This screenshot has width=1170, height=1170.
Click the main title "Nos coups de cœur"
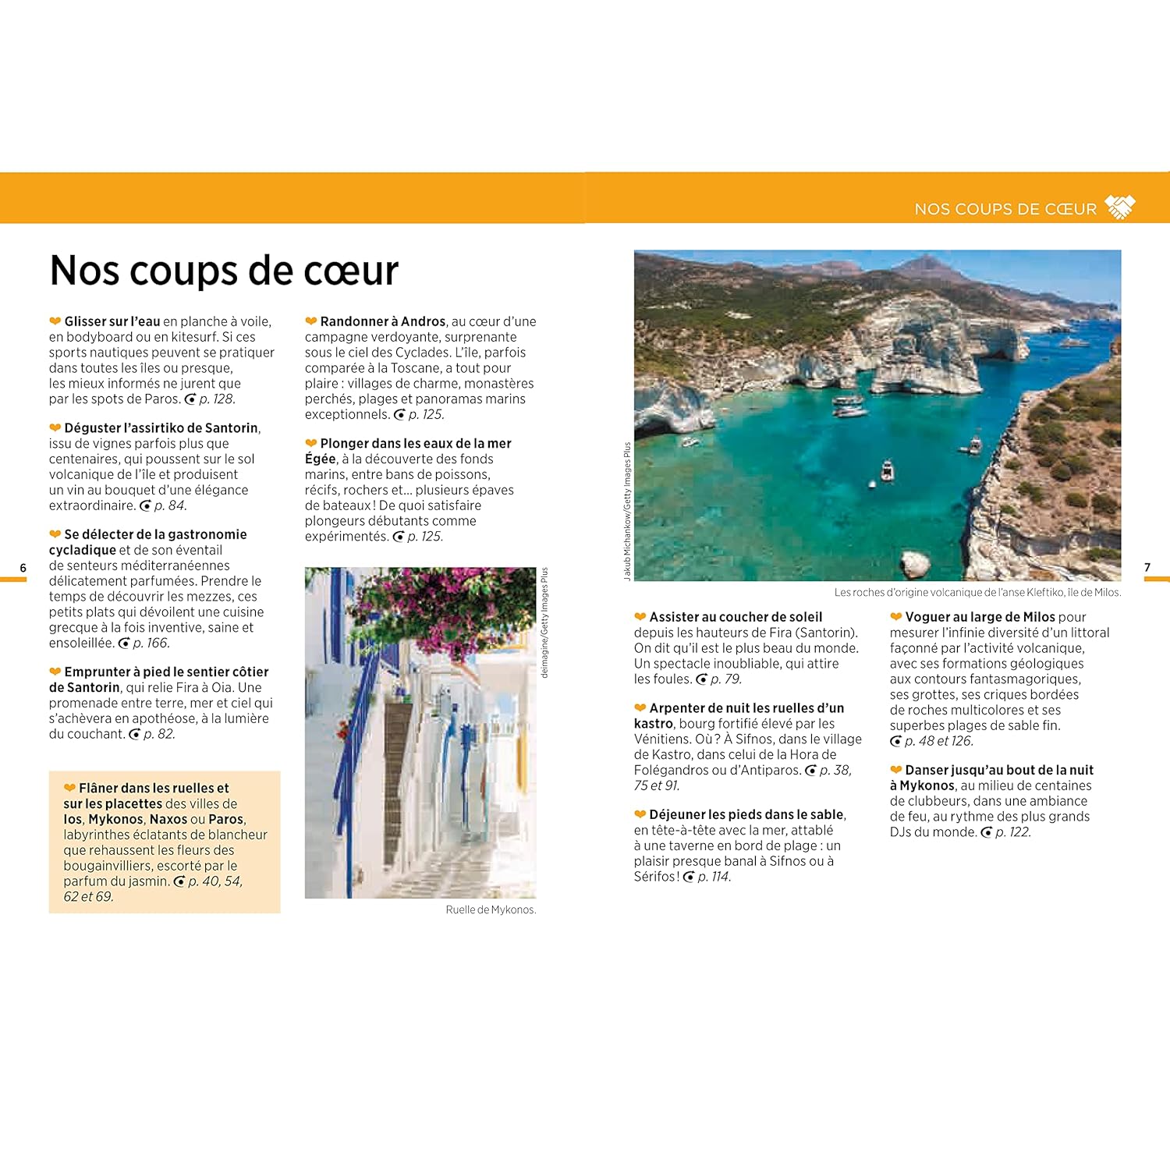pyautogui.click(x=224, y=271)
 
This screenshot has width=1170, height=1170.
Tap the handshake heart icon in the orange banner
pyautogui.click(x=1120, y=207)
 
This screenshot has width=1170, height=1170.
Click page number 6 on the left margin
pyautogui.click(x=23, y=568)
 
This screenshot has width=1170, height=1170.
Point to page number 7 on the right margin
pyautogui.click(x=1147, y=567)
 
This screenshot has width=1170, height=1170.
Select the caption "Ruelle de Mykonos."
pyautogui.click(x=491, y=909)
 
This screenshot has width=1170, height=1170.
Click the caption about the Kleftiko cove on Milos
pyautogui.click(x=977, y=593)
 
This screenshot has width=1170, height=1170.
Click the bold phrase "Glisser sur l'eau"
pyautogui.click(x=112, y=321)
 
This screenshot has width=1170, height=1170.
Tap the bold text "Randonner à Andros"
pyautogui.click(x=382, y=321)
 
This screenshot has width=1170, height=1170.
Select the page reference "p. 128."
pyautogui.click(x=217, y=399)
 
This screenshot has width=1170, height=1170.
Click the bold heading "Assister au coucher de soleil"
pyautogui.click(x=736, y=617)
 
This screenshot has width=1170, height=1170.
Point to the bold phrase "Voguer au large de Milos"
pyautogui.click(x=980, y=617)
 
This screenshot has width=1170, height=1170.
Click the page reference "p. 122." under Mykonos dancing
pyautogui.click(x=1012, y=832)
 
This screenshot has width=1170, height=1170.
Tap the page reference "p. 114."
pyautogui.click(x=714, y=877)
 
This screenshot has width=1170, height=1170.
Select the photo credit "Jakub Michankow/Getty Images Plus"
pyautogui.click(x=627, y=511)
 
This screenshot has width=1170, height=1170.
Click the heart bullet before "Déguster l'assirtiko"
pyautogui.click(x=55, y=427)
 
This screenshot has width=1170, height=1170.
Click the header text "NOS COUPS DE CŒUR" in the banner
pyautogui.click(x=1005, y=209)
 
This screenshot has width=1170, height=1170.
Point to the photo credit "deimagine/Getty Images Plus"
pyautogui.click(x=544, y=622)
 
